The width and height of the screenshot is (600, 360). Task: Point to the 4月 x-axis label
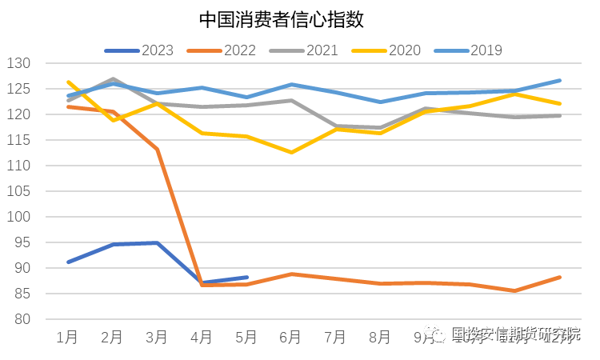click(x=202, y=337)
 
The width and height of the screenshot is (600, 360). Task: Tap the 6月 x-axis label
click(x=291, y=337)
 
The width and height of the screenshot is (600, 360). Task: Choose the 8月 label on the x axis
click(x=381, y=337)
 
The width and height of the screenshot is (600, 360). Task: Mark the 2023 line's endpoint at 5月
click(x=246, y=278)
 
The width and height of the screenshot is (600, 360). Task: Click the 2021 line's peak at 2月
click(x=113, y=79)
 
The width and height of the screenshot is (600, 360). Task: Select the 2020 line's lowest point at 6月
click(x=291, y=152)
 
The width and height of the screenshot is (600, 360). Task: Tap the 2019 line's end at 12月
click(x=559, y=80)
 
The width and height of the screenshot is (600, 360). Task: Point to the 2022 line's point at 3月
click(x=158, y=150)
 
